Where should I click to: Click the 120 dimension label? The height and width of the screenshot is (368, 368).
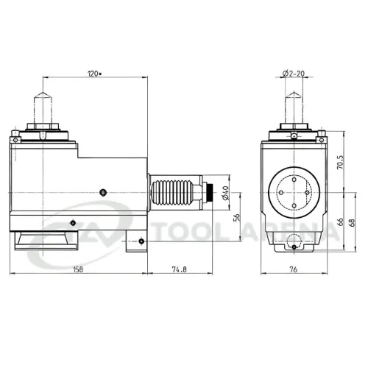93,74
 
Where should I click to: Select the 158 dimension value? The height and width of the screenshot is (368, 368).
78,269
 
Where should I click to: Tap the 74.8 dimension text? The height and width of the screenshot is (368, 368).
180,269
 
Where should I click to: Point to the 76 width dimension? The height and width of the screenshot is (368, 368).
294,269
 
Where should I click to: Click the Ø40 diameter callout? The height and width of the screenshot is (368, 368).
226,193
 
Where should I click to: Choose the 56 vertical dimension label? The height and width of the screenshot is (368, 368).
237,218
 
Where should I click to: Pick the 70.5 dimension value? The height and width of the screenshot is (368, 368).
341,162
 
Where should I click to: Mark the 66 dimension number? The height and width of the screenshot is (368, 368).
341,222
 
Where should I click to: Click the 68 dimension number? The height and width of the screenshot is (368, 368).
353,222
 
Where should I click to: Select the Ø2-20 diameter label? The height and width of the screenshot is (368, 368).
294,74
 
